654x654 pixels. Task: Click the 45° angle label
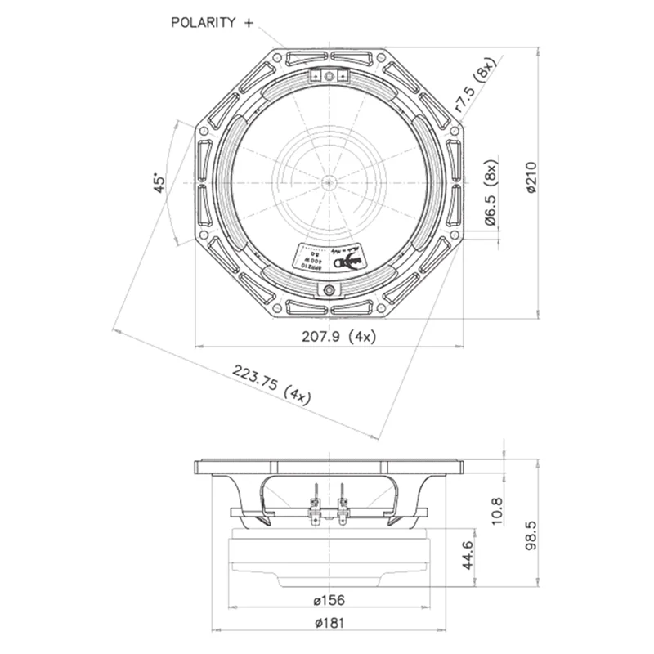coord(161,181)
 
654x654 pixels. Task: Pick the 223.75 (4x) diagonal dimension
coord(271,383)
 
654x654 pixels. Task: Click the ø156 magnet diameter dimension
coord(329,601)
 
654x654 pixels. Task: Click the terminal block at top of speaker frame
coord(329,76)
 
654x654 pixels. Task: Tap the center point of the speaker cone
coord(328,181)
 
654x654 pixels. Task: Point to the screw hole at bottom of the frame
coord(329,289)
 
